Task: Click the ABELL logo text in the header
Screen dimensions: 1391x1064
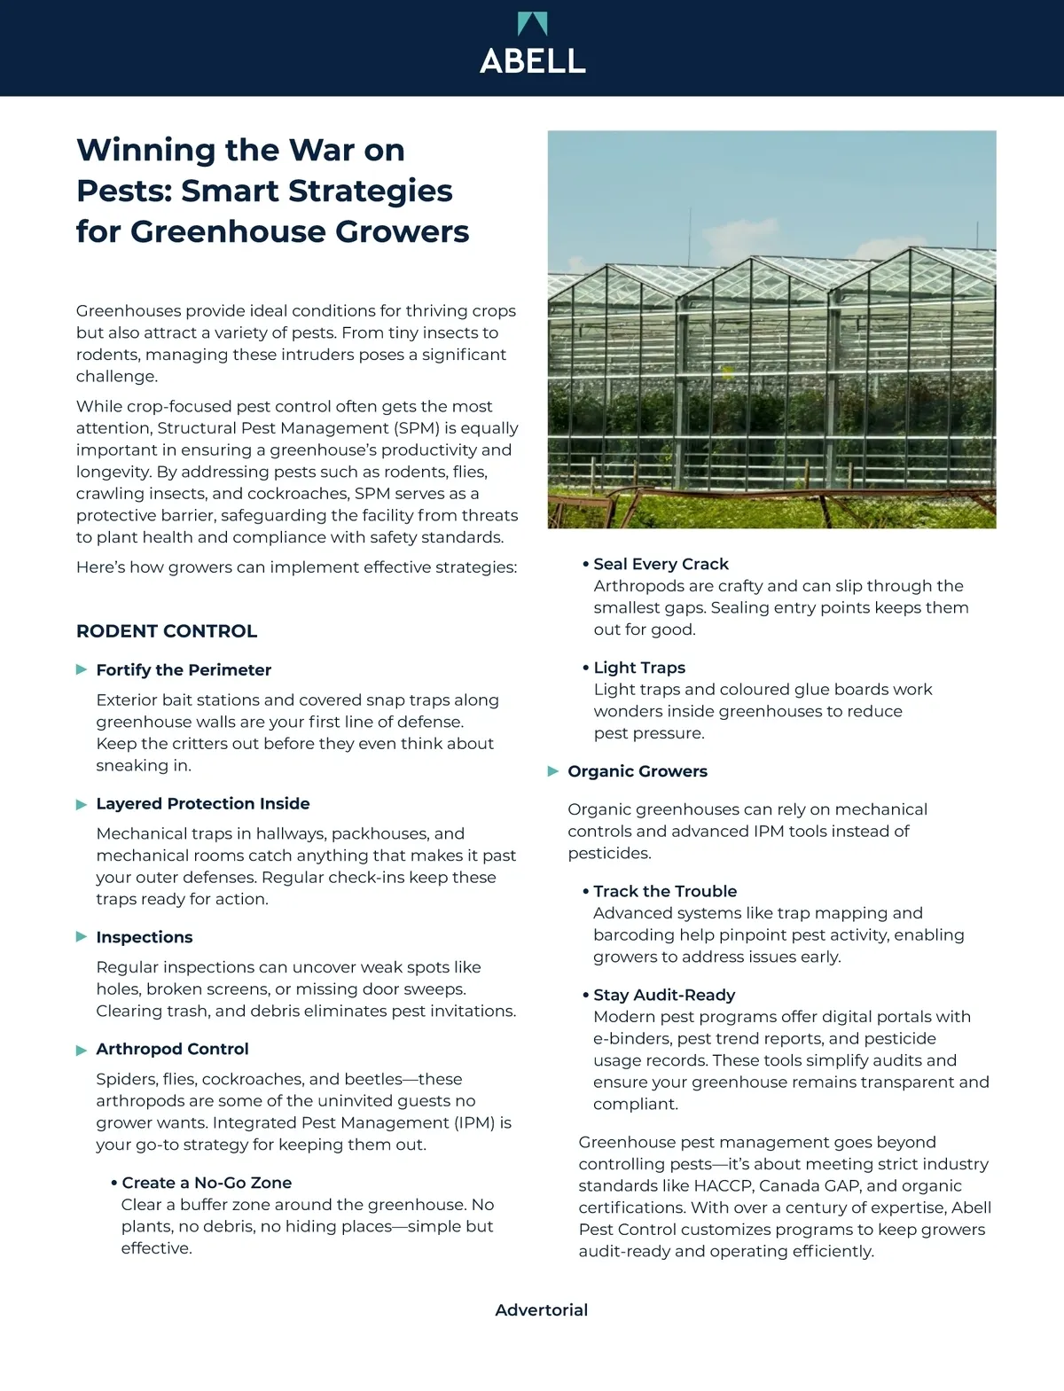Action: [532, 60]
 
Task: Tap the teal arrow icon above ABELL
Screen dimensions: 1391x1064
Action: [532, 23]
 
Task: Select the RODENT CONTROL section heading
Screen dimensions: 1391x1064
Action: [167, 631]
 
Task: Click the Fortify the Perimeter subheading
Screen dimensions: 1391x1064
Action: [184, 670]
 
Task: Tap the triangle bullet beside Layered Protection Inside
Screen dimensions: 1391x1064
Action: [82, 804]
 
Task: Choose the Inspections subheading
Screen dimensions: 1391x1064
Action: [145, 937]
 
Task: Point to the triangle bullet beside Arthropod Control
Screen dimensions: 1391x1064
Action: [82, 1050]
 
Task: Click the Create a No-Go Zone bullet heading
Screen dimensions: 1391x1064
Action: [207, 1183]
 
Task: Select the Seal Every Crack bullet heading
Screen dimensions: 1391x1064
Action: [661, 564]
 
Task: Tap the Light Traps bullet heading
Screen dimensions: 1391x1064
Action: [639, 668]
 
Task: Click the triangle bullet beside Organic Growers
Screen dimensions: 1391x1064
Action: [553, 771]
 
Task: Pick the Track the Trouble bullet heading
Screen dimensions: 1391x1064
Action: [665, 891]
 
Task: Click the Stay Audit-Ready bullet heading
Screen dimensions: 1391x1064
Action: [664, 995]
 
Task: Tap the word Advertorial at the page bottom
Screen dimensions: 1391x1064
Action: [542, 1310]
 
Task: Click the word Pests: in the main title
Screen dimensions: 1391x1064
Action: [124, 191]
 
